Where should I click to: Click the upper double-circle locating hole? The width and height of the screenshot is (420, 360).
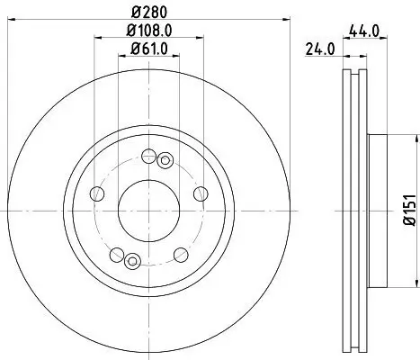[x=164, y=160]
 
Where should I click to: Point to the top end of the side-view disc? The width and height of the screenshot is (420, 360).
[x=353, y=70]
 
